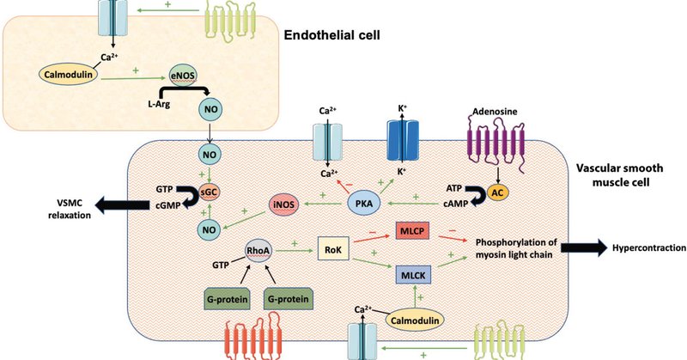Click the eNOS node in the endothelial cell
click(183, 76)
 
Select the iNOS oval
click(284, 204)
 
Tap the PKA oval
click(363, 204)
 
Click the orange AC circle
click(498, 193)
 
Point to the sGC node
click(209, 192)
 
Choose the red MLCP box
click(412, 230)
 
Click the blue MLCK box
click(413, 275)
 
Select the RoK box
click(333, 249)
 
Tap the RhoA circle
click(258, 251)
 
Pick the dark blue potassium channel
click(402, 139)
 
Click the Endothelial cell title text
click(331, 35)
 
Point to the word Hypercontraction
click(649, 248)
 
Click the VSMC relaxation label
click(70, 209)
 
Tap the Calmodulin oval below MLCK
click(415, 320)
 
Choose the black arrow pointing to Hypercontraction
click(584, 248)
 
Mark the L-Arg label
click(159, 104)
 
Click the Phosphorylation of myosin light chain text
click(516, 248)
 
